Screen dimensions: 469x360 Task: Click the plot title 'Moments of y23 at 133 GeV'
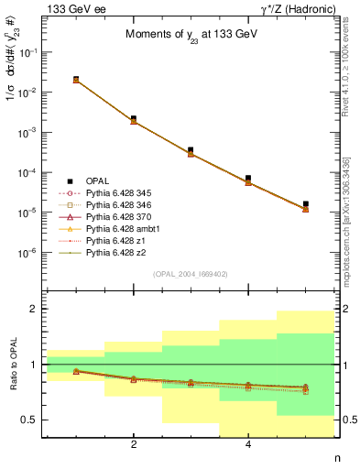coord(191,36)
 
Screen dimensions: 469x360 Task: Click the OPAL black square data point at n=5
coord(305,204)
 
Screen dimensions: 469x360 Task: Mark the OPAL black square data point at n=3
coord(191,150)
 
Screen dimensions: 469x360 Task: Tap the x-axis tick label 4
coord(248,445)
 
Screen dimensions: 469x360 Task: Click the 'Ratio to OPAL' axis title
coord(12,365)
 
